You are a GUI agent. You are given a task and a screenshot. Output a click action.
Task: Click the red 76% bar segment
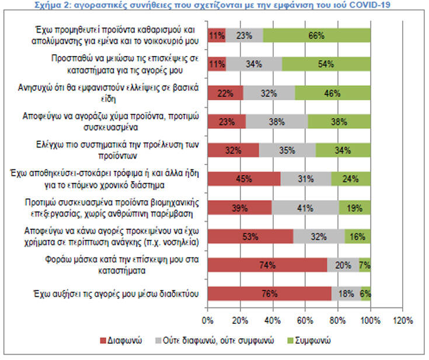[x=269, y=293]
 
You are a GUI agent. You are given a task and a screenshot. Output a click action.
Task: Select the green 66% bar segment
[x=316, y=35]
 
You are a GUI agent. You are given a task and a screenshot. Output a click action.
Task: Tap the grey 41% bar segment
[x=305, y=208]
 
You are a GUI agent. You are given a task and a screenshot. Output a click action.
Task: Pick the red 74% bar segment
[x=267, y=265]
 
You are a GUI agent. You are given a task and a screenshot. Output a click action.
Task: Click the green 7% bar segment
[x=365, y=265]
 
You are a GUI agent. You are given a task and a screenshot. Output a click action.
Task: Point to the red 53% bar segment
[x=250, y=236]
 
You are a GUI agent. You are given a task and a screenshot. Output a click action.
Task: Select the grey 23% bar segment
[x=244, y=35]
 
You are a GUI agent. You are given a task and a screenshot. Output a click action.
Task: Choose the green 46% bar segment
[x=333, y=92]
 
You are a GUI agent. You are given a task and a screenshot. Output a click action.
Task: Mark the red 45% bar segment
[x=244, y=179]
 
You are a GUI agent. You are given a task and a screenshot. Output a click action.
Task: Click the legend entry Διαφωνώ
[x=122, y=340]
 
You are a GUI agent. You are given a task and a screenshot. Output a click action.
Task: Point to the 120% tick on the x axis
[x=403, y=320]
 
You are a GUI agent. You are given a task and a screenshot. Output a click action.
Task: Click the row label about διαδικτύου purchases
[x=115, y=293]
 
